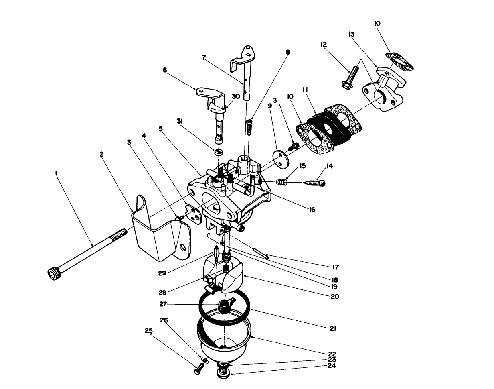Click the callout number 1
pos(57,173)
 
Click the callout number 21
pos(333,328)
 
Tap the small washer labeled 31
pos(219,153)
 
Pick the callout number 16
pos(312,209)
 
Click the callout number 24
pos(332,366)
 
